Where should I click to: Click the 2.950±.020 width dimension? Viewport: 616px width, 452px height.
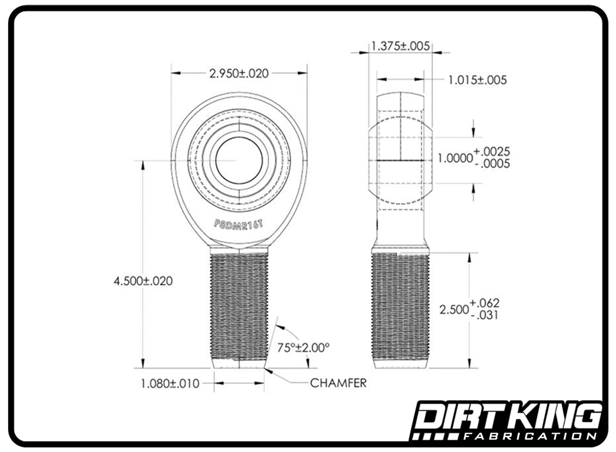tap(239, 73)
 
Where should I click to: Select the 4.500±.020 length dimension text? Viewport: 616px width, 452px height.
tap(143, 281)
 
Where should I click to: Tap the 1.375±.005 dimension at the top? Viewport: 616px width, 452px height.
tap(400, 46)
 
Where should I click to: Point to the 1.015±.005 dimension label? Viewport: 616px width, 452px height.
tap(477, 80)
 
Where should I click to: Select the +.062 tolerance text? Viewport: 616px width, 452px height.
tap(485, 303)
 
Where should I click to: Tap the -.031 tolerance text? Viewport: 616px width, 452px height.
tap(485, 315)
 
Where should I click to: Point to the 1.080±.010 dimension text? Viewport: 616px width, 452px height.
tap(170, 383)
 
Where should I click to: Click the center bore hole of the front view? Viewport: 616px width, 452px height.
tap(239, 161)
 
